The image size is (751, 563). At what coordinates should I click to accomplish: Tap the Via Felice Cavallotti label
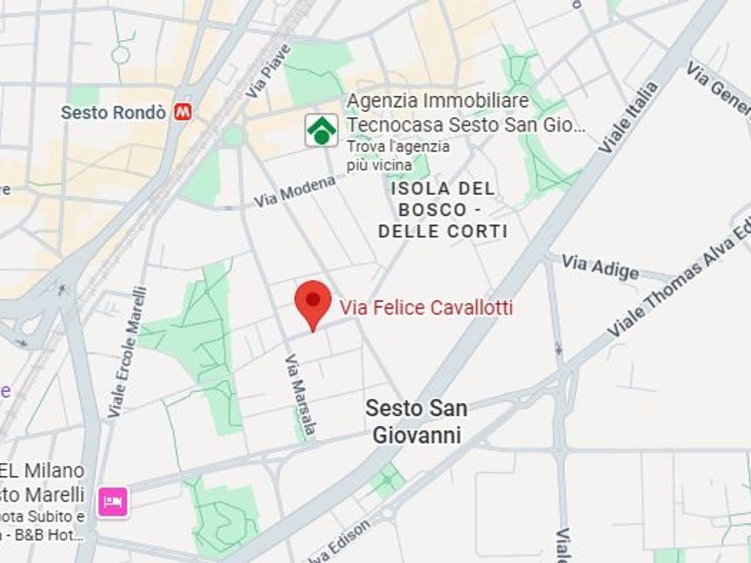(x=426, y=307)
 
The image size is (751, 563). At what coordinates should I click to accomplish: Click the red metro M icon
(x=183, y=112)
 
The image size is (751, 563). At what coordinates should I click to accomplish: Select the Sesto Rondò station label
(x=113, y=112)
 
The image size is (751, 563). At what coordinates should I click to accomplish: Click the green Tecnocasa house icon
(x=321, y=130)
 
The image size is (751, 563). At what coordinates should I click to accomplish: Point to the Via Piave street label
(x=268, y=72)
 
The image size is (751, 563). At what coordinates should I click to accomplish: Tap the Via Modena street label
(x=295, y=192)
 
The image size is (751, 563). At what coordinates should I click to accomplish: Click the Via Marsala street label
(x=301, y=396)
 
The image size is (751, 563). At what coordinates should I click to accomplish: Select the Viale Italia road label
(x=628, y=118)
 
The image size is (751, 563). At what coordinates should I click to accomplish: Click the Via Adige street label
(x=600, y=267)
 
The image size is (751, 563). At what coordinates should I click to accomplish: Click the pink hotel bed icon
(x=113, y=501)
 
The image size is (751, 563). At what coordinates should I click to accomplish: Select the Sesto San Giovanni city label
(x=417, y=422)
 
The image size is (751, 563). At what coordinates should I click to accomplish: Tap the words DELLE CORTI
(x=443, y=231)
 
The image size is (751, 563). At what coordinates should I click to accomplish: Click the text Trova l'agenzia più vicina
(x=398, y=155)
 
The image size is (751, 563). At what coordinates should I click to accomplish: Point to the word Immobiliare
(x=476, y=101)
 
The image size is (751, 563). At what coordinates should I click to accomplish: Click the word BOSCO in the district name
(x=433, y=210)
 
